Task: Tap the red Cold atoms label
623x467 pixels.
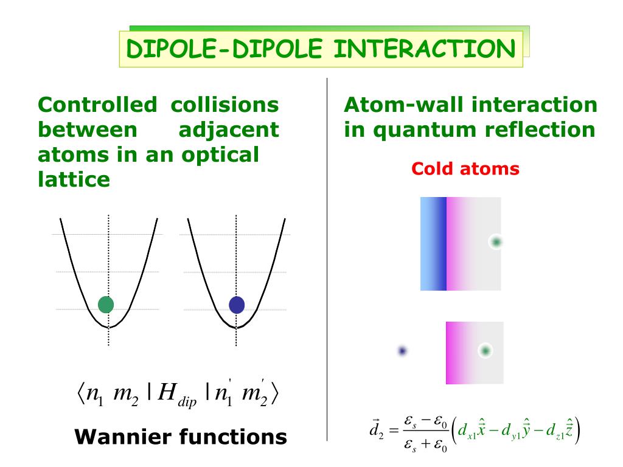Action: (x=465, y=168)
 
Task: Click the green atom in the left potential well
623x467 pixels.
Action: (x=106, y=304)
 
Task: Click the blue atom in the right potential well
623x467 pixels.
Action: (x=236, y=304)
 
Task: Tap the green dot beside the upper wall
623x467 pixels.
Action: (x=496, y=242)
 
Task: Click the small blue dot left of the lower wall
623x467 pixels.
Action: (x=402, y=351)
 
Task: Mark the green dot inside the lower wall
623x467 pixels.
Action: (x=485, y=350)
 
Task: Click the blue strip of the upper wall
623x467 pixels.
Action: (x=433, y=243)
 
